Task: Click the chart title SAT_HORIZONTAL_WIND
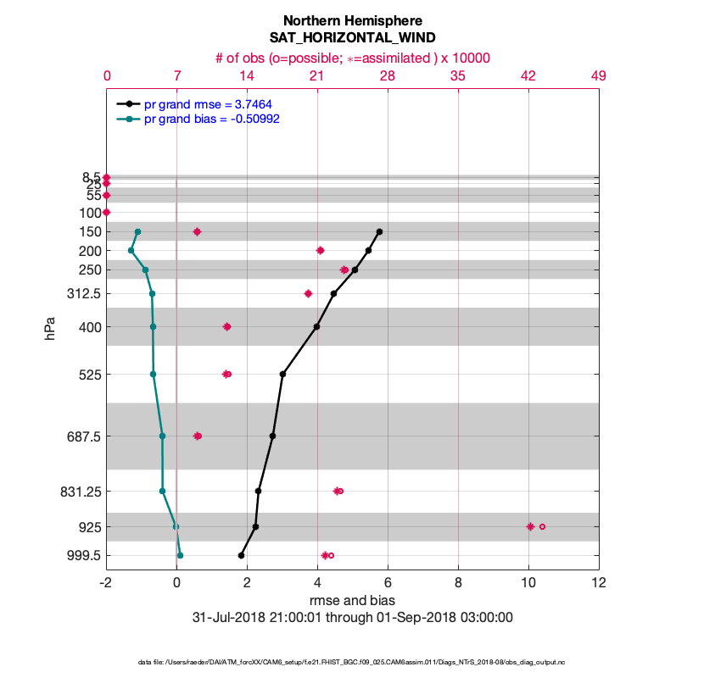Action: [x=352, y=37]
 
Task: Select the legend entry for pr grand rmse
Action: [x=207, y=103]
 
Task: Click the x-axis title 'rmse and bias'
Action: [x=352, y=601]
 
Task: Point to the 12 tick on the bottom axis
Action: [x=599, y=583]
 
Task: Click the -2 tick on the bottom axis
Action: [x=106, y=583]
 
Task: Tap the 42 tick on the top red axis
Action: [x=528, y=76]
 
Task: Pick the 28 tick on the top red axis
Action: [x=387, y=76]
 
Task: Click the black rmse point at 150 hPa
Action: [x=379, y=231]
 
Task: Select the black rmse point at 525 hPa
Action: [x=282, y=374]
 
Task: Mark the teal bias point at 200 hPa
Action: [x=131, y=250]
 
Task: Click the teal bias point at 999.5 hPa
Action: [x=180, y=555]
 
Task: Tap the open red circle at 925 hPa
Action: [x=542, y=526]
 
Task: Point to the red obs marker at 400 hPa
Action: [x=226, y=326]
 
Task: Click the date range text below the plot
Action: [x=352, y=617]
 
